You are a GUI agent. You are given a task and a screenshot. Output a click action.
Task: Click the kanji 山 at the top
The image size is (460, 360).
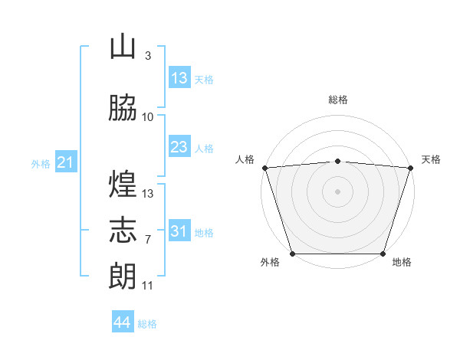[123, 47]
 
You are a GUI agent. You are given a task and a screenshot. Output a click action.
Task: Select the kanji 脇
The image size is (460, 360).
[123, 107]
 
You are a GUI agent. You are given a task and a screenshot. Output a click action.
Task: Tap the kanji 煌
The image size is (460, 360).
[123, 184]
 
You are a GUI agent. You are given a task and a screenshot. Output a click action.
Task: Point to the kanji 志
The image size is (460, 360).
[123, 230]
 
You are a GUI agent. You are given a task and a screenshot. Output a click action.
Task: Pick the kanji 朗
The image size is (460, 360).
[123, 276]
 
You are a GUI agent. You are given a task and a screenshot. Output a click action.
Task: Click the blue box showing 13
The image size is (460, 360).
[179, 77]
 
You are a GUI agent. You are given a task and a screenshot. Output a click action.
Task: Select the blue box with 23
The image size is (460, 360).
[179, 146]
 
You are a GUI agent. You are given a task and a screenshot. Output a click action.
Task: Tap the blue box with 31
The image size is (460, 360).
[179, 230]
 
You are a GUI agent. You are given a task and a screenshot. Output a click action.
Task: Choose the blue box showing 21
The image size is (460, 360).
[66, 162]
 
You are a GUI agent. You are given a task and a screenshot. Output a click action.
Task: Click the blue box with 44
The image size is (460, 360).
[123, 321]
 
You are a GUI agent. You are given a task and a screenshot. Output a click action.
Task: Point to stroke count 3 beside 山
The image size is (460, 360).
[148, 56]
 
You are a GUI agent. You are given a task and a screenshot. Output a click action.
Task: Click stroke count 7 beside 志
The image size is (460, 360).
[148, 240]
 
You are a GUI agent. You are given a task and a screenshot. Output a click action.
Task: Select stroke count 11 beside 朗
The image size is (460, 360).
[147, 286]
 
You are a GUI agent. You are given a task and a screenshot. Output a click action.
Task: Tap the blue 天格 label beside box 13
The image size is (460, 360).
[204, 80]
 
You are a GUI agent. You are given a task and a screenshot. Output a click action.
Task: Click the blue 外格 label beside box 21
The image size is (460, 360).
[41, 164]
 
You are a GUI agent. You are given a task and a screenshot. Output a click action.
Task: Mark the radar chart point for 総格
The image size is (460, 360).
[337, 162]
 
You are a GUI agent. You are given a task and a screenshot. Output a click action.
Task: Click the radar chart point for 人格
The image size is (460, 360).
[265, 168]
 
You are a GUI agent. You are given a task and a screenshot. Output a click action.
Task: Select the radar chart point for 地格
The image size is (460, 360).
[383, 254]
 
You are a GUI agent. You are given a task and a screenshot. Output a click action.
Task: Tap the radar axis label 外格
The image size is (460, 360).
[270, 262]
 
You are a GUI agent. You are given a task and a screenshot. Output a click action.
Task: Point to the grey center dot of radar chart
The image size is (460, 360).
[337, 191]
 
